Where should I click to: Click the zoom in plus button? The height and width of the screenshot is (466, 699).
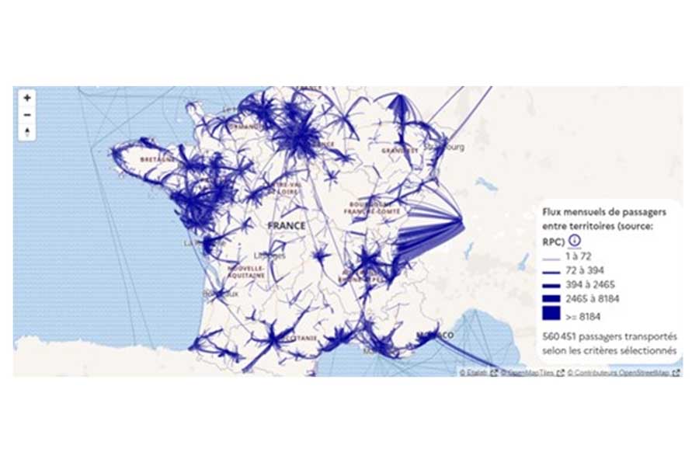pos(27,98)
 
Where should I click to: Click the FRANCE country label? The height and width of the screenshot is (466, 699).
pos(286,226)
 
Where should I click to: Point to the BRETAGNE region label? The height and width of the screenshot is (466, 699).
pos(155,159)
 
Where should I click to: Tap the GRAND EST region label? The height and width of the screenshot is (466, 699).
pos(399,150)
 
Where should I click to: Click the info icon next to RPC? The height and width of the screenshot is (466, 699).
pos(576,240)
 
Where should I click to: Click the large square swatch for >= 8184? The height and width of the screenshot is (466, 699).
pos(552,315)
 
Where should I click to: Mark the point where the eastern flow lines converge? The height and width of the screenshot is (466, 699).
pos(464,225)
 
